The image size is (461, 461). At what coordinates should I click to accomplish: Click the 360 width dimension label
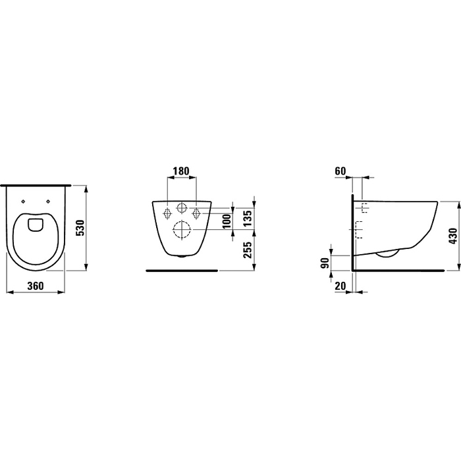(x=36, y=285)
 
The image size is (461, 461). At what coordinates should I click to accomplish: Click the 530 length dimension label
(x=80, y=228)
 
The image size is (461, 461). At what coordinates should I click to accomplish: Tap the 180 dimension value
(x=181, y=171)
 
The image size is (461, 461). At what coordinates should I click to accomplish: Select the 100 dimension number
(x=227, y=221)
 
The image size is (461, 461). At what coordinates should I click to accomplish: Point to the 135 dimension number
(x=247, y=218)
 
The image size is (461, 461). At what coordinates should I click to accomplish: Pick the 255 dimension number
(x=247, y=250)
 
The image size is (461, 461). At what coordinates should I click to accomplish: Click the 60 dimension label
(x=340, y=171)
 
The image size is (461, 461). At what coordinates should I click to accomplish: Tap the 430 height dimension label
(x=453, y=236)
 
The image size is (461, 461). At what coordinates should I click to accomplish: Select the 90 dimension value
(x=325, y=263)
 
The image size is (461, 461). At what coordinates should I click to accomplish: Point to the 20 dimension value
(x=340, y=285)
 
